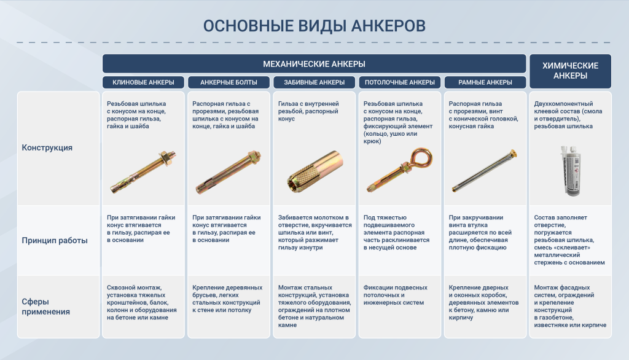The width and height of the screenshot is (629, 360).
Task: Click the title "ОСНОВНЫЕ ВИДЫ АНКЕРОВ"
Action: coord(314,26)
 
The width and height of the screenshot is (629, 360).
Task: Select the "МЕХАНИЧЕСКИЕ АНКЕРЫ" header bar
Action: coord(314,64)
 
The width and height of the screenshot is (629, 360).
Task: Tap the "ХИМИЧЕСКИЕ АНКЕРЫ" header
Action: coord(570,71)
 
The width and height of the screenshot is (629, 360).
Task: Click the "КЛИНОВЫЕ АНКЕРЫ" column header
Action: coord(143,82)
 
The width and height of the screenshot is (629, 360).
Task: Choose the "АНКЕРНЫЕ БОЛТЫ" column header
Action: coord(229,82)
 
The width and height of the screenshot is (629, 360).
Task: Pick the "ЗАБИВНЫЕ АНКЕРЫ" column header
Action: coord(314,82)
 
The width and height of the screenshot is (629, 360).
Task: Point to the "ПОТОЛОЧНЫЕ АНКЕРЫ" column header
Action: coord(399,82)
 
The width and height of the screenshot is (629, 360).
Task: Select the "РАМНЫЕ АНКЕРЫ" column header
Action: coord(485,82)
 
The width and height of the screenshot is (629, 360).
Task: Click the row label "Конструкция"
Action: coord(47,147)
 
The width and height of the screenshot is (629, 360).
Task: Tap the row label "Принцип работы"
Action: coord(55,240)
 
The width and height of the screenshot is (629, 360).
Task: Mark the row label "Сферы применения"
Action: coord(45,307)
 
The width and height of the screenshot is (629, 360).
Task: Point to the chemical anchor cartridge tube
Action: coord(571,171)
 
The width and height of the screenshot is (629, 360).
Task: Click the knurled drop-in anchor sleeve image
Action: coord(315,173)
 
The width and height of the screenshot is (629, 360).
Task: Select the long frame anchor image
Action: coord(484,171)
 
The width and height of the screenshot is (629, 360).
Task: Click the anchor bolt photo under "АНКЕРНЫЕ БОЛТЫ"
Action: coord(229,173)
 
